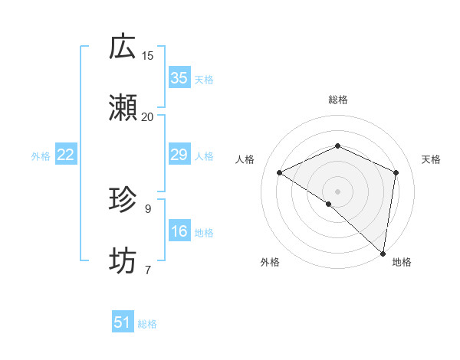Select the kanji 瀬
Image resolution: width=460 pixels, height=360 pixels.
[123, 108]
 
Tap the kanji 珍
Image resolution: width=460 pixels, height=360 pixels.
[123, 200]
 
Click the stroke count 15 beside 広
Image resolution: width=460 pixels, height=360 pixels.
[148, 55]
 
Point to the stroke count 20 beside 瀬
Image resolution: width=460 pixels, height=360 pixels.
[148, 116]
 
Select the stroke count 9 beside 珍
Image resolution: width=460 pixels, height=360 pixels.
[148, 208]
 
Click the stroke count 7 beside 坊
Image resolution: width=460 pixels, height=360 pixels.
[148, 270]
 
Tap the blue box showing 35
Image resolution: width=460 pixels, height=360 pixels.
[179, 78]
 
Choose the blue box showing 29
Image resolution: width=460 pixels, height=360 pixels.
[179, 155]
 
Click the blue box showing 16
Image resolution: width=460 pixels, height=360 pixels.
[179, 232]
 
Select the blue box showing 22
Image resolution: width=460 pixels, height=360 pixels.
[66, 155]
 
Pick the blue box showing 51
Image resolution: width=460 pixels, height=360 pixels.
[123, 323]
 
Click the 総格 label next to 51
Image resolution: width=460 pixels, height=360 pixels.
[147, 324]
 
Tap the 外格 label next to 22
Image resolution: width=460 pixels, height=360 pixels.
[41, 156]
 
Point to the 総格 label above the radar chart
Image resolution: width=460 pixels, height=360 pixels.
[338, 100]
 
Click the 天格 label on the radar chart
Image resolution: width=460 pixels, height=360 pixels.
[431, 159]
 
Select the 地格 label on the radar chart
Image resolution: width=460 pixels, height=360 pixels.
[402, 262]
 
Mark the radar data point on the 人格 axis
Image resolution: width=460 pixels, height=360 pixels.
[280, 172]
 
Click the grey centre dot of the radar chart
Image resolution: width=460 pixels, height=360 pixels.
[338, 191]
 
